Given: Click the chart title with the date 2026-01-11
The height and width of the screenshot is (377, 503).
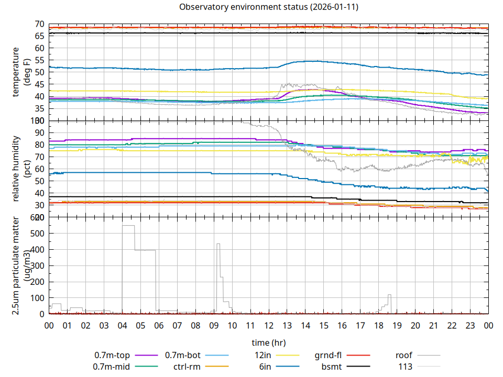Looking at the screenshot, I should (269, 7).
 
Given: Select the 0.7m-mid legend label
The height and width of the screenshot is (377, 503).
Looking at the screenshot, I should (112, 367).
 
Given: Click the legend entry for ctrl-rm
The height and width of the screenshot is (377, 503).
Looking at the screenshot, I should (187, 367).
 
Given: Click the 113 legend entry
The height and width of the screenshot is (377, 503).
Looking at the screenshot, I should (406, 367).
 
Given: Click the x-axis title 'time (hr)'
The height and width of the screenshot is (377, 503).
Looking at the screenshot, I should (269, 343).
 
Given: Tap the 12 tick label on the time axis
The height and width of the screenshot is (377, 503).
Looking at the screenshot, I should (269, 325).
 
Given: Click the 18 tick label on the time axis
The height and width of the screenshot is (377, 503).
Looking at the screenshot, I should (379, 325).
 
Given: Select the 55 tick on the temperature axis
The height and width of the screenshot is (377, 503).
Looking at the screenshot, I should (39, 60).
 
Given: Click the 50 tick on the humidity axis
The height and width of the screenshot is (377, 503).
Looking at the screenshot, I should (39, 181).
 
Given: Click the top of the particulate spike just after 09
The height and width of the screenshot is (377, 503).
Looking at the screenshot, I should (218, 244).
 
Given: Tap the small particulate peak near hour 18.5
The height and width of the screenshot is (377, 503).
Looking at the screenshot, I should (389, 295).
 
